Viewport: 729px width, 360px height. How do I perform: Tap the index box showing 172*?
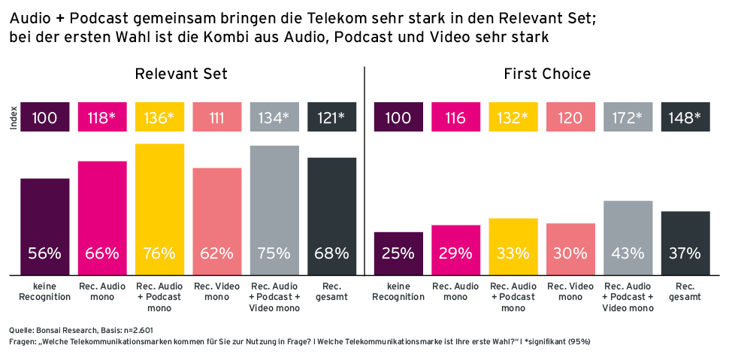(x=628, y=117)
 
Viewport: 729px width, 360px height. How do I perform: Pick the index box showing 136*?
(x=159, y=117)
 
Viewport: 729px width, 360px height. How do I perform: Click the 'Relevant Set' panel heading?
(x=181, y=74)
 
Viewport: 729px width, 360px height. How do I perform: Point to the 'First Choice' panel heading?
(x=547, y=74)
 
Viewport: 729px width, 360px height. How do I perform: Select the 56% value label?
(x=44, y=253)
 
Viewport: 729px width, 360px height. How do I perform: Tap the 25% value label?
(x=398, y=253)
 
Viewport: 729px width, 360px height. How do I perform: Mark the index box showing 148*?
(x=685, y=117)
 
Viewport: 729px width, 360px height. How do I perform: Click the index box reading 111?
(x=217, y=117)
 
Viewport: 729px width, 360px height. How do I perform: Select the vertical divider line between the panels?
(x=364, y=173)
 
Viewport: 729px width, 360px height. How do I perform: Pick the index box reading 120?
(x=570, y=117)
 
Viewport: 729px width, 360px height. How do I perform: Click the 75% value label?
(x=274, y=253)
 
